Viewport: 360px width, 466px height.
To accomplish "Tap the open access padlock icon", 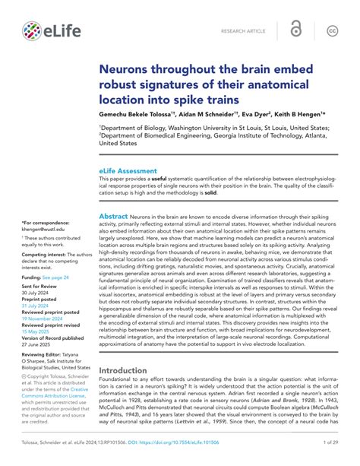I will point(297,30).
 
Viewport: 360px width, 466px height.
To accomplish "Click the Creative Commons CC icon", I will point(332,31).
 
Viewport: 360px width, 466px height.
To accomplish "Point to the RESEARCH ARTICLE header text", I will point(243,32).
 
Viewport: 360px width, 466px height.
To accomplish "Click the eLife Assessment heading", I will point(128,171).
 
